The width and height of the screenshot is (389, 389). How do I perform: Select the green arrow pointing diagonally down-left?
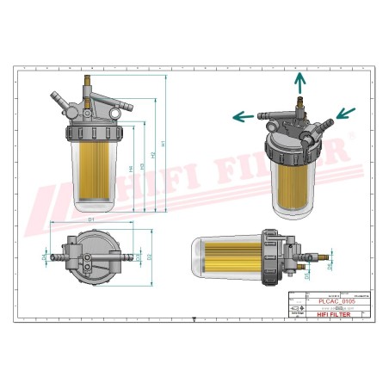345,112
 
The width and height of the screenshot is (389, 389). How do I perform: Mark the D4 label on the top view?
45,256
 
